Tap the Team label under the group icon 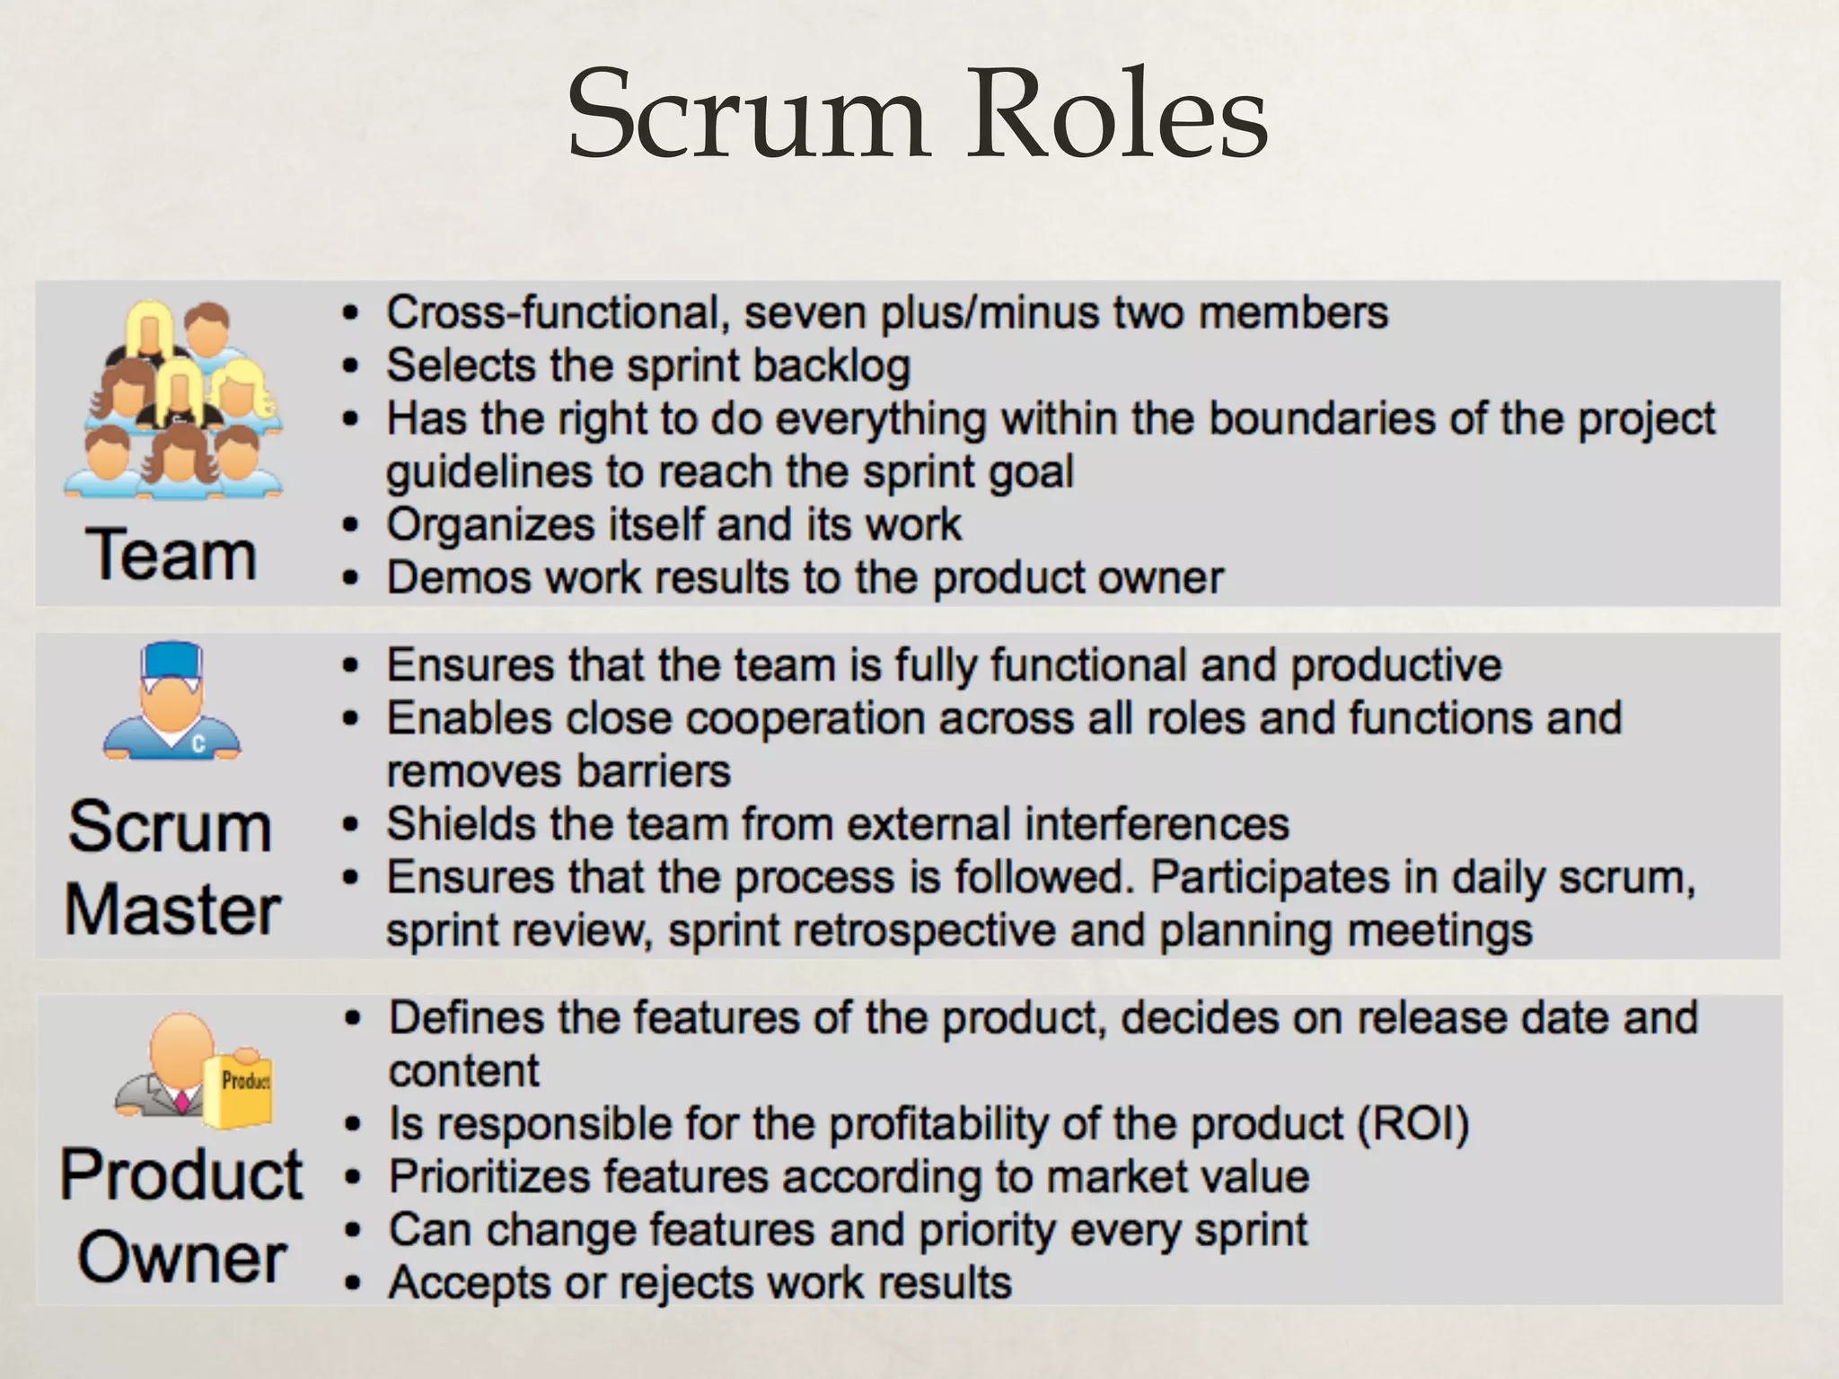[171, 555]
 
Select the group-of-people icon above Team [173, 399]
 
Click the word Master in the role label [172, 909]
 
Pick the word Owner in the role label [181, 1257]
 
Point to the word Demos [458, 578]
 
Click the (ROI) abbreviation [1412, 1124]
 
